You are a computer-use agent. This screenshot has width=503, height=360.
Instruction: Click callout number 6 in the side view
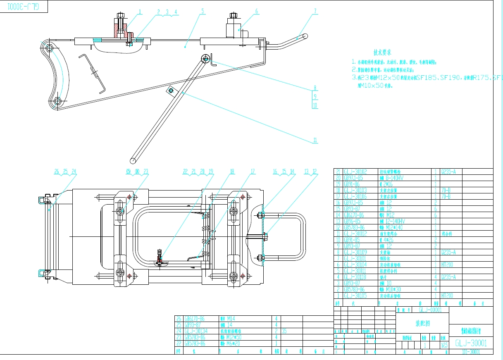tap(256, 11)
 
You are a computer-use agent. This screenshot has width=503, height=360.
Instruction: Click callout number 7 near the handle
tap(315, 11)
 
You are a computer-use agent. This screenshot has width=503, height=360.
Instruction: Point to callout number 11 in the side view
tap(315, 141)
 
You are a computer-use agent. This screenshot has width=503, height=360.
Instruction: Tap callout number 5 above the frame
tap(203, 11)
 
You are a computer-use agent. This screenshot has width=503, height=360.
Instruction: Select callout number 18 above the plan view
tap(232, 171)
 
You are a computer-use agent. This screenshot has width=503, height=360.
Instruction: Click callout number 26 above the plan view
tap(57, 171)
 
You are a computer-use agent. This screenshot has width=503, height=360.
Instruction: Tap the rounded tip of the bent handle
tap(305, 36)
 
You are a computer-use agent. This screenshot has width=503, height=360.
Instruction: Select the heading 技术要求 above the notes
tap(382, 52)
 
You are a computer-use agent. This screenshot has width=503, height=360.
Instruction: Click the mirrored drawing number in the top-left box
tap(24, 7)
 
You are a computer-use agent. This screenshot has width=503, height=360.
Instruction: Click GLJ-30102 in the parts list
tap(355, 172)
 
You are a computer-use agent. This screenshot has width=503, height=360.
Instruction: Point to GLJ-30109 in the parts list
tap(355, 252)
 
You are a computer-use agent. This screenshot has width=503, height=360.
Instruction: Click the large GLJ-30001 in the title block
tap(471, 343)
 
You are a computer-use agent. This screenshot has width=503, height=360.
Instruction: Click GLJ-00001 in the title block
tap(430, 310)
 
